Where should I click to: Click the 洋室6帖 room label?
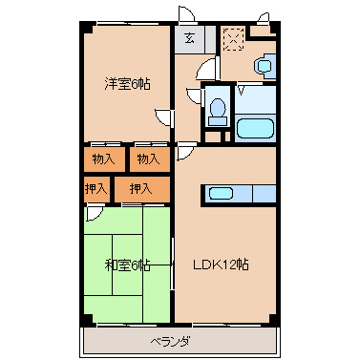click(127, 84)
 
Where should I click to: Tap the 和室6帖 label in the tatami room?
click(127, 265)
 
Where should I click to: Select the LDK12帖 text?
click(222, 265)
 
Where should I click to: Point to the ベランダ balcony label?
click(170, 341)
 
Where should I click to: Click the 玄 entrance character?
click(189, 39)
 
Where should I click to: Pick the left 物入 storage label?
click(103, 158)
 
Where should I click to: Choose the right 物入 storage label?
click(147, 158)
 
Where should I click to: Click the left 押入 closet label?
click(95, 188)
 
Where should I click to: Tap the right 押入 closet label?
click(140, 188)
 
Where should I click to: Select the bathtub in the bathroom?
click(255, 128)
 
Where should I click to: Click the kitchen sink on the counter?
click(222, 194)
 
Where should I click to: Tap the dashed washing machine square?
click(233, 39)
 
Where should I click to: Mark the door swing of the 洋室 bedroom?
click(164, 117)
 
